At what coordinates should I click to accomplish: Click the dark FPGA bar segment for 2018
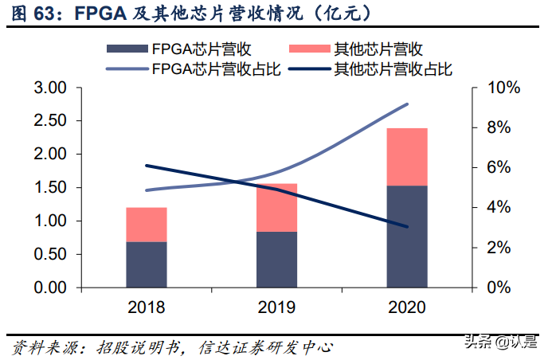pyautogui.click(x=147, y=264)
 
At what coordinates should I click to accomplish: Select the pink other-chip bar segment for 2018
pyautogui.click(x=147, y=225)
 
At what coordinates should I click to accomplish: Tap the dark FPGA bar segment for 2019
pyautogui.click(x=277, y=259)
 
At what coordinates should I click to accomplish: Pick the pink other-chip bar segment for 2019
pyautogui.click(x=277, y=208)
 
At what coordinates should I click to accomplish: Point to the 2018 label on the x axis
pyautogui.click(x=147, y=307)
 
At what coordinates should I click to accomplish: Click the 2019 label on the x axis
pyautogui.click(x=277, y=307)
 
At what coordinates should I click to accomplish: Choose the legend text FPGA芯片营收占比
pyautogui.click(x=215, y=69)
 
